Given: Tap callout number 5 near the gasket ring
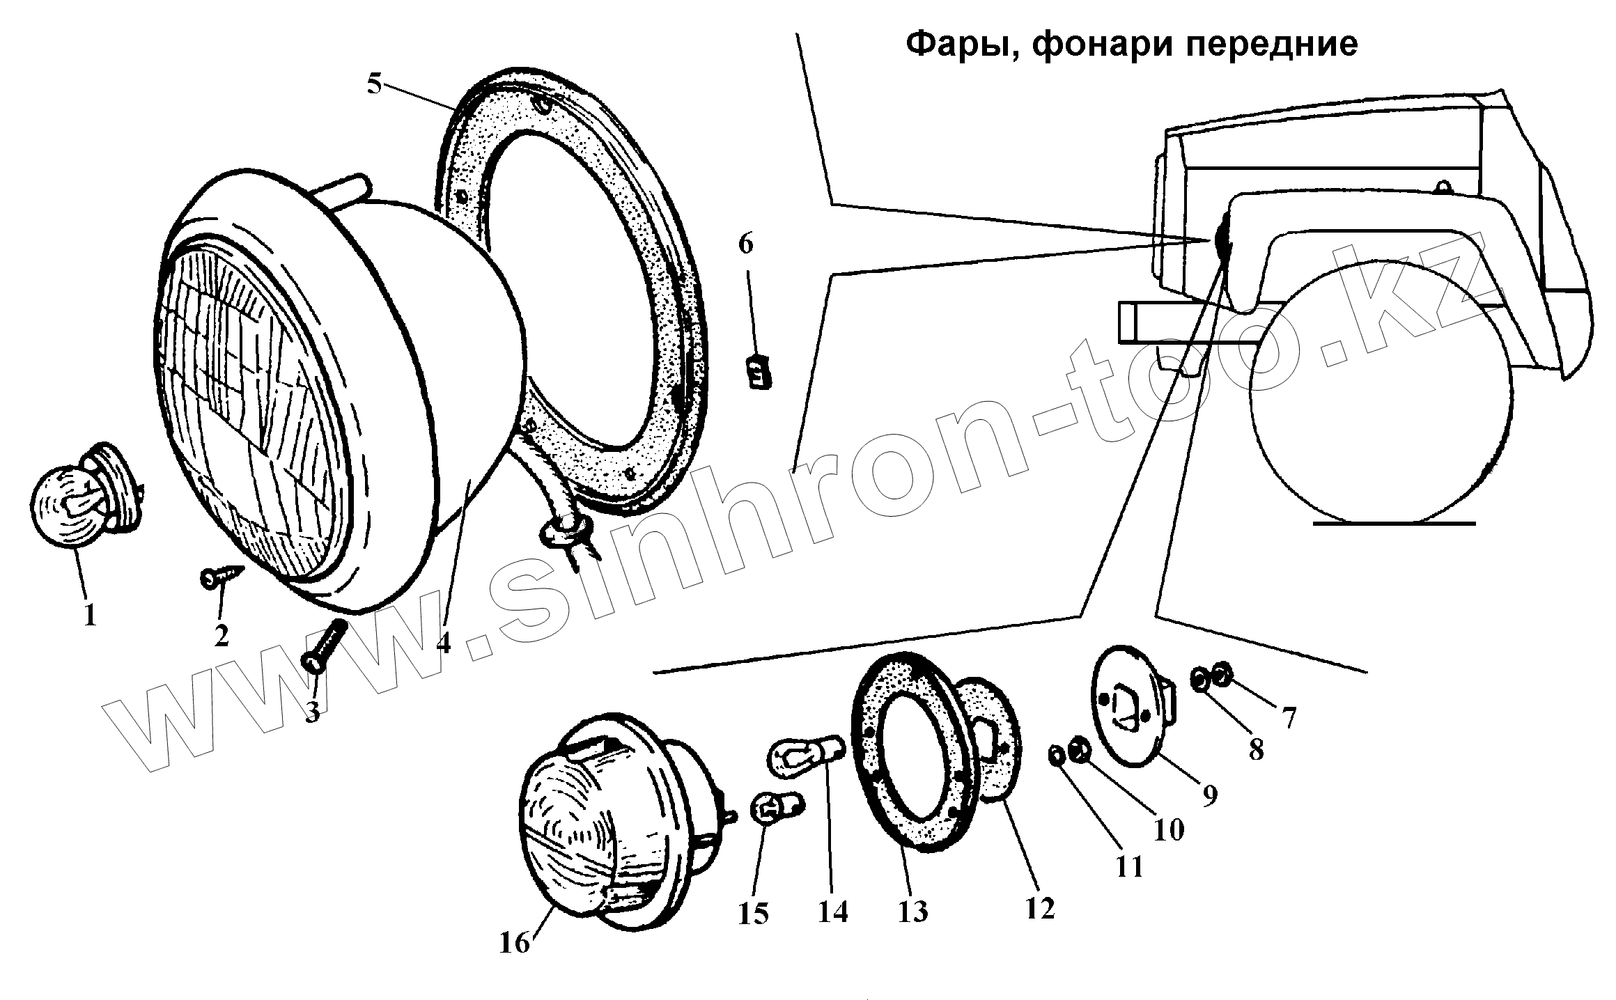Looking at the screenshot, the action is tap(375, 85).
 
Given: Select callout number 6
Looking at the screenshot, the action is tap(745, 244).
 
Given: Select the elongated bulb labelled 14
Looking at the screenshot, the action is tap(807, 756).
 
